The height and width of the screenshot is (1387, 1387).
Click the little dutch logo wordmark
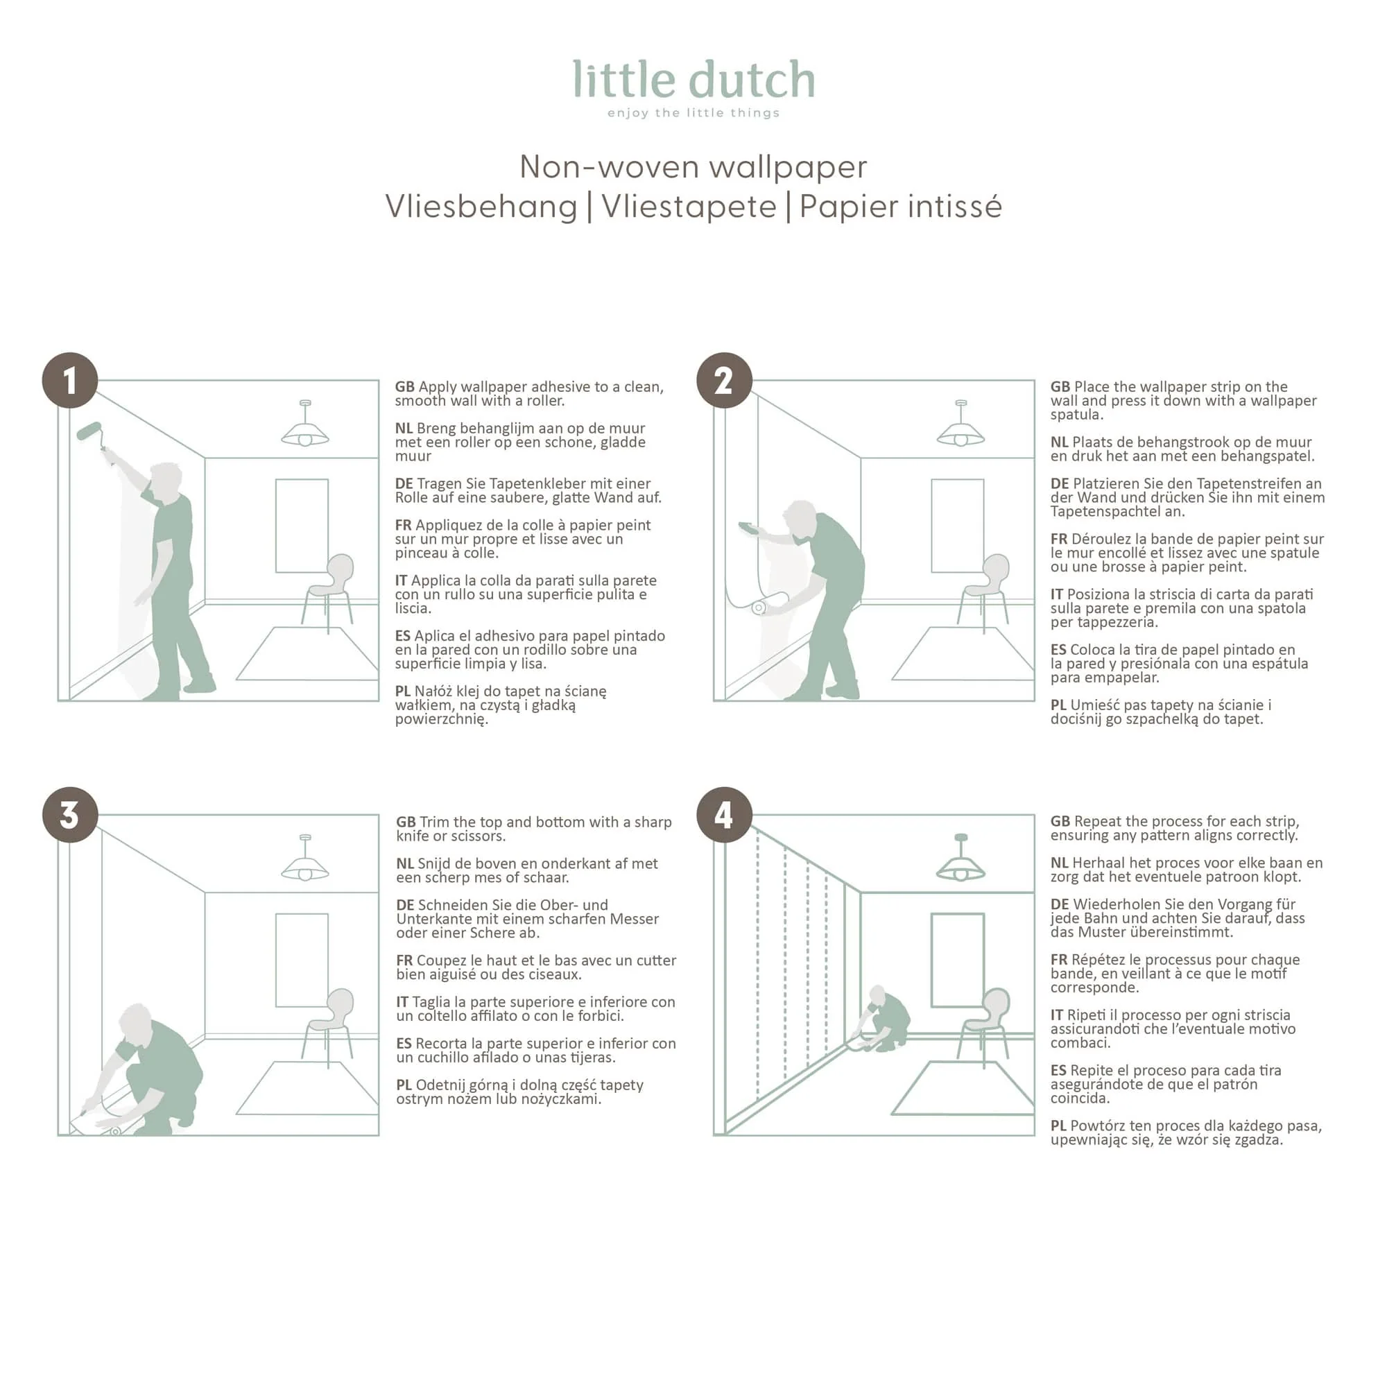(693, 79)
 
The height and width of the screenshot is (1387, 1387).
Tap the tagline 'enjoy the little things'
(693, 113)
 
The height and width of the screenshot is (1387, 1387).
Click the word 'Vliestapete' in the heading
(689, 207)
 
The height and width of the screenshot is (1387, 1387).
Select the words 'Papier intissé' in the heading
(900, 207)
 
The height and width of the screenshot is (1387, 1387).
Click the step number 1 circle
(69, 381)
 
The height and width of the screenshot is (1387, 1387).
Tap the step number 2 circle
(725, 381)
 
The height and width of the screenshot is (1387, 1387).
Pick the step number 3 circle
(69, 815)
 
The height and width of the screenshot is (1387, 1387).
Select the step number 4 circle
(725, 815)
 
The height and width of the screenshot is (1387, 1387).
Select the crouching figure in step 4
(882, 1019)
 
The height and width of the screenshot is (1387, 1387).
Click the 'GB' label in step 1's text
(405, 387)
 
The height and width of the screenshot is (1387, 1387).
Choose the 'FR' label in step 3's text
(404, 960)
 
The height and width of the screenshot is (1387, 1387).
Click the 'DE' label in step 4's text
(1060, 904)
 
